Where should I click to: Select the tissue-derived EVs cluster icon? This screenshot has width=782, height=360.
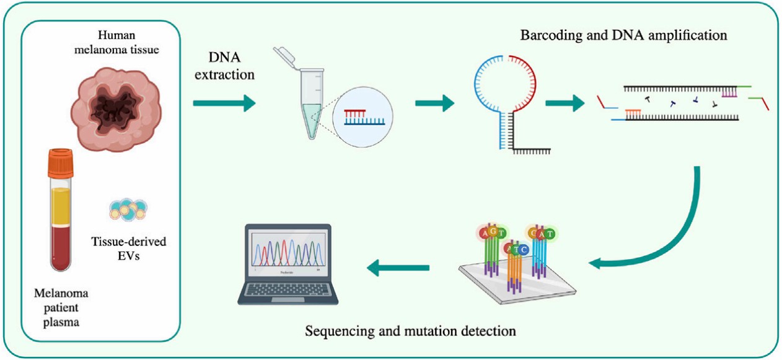(x=128, y=211)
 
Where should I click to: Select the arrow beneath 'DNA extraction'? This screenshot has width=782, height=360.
(x=224, y=103)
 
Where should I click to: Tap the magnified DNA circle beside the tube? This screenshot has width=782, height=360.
(x=363, y=118)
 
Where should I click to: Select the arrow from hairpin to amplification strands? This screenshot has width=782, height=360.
(x=568, y=103)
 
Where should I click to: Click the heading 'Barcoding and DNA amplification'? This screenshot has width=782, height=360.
(x=623, y=35)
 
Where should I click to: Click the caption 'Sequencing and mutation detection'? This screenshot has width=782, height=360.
(x=410, y=330)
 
